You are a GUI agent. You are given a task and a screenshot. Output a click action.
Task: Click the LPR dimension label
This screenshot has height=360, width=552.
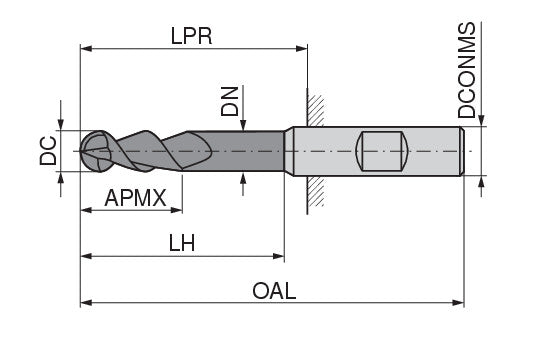click(192, 36)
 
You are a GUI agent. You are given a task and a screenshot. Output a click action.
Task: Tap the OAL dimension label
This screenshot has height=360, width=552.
click(274, 291)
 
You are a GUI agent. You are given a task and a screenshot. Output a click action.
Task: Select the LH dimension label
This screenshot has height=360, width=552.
click(182, 243)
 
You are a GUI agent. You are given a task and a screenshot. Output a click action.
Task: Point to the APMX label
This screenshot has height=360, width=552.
click(136, 198)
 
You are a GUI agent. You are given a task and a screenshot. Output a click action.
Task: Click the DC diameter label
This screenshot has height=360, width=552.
click(48, 151)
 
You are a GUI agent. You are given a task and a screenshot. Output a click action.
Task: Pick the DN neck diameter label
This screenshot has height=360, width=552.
click(230, 101)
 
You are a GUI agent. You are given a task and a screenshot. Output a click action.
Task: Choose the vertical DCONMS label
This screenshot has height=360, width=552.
click(466, 70)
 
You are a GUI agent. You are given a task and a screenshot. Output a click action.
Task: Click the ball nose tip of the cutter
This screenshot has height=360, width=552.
click(81, 151)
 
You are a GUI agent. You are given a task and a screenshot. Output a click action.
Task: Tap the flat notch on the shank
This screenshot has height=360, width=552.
click(382, 151)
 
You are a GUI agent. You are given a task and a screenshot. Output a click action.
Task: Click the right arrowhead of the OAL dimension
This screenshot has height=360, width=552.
click(458, 303)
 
